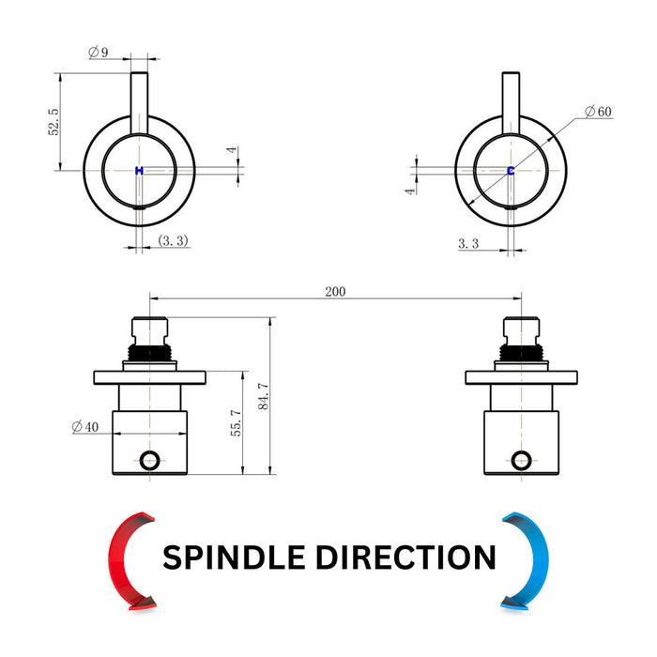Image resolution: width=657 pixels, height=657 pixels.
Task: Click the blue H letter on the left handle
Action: click(x=139, y=171)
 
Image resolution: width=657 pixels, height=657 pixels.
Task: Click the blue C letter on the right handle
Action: click(x=511, y=171)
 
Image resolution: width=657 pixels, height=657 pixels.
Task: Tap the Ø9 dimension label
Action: click(x=99, y=52)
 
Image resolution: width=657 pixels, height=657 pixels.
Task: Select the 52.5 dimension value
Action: click(x=53, y=122)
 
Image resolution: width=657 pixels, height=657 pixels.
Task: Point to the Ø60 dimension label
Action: click(x=598, y=112)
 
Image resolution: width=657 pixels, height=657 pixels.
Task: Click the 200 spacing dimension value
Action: click(x=335, y=291)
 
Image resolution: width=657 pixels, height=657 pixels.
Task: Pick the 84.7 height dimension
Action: click(x=263, y=396)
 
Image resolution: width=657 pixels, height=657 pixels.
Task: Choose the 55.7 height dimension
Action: click(x=236, y=422)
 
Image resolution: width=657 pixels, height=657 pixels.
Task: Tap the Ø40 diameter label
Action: click(x=85, y=427)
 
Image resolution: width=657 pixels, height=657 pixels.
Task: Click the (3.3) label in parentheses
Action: click(x=173, y=240)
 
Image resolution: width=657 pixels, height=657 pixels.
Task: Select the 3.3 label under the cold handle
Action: click(x=468, y=243)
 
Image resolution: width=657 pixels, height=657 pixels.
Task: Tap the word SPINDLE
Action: click(x=234, y=558)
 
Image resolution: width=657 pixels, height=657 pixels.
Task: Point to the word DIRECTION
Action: click(x=406, y=558)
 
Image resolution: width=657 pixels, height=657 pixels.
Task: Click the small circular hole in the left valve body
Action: click(x=149, y=461)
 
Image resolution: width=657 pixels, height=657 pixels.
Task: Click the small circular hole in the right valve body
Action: click(x=521, y=461)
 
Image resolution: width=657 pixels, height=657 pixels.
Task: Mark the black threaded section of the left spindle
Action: click(x=149, y=352)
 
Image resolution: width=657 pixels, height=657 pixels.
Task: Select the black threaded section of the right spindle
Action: click(x=521, y=352)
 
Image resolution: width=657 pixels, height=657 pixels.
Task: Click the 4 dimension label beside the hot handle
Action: click(x=232, y=149)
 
